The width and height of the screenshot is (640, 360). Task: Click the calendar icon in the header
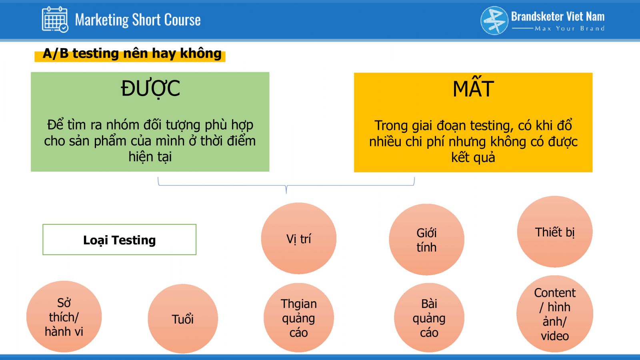tap(55, 20)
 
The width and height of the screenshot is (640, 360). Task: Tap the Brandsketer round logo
tap(494, 20)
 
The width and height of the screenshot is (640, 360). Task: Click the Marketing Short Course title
tap(138, 20)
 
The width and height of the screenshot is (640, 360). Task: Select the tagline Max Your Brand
tap(570, 28)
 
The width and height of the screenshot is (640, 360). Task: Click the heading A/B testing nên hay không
tap(132, 54)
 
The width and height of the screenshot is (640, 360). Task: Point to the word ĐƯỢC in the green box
tap(150, 88)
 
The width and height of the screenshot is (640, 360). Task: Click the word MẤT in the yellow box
tap(473, 88)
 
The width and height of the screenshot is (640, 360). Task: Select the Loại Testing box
tap(120, 240)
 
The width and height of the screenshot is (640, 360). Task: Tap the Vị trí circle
tap(298, 238)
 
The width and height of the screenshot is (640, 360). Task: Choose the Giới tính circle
tap(426, 240)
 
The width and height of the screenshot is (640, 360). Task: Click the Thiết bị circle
tap(554, 232)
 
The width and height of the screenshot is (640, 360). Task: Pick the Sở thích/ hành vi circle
tap(64, 316)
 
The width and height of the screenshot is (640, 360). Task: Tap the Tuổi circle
tap(183, 318)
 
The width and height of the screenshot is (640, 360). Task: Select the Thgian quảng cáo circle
tap(298, 318)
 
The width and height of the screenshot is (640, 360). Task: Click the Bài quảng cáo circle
tap(429, 318)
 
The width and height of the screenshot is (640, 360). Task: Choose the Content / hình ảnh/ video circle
tap(554, 314)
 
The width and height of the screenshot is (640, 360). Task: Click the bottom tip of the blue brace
tap(286, 194)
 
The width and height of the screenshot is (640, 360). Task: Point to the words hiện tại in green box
tap(150, 156)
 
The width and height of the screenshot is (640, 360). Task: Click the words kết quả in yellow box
tap(473, 158)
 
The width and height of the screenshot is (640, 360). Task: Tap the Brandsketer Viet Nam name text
tap(558, 16)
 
